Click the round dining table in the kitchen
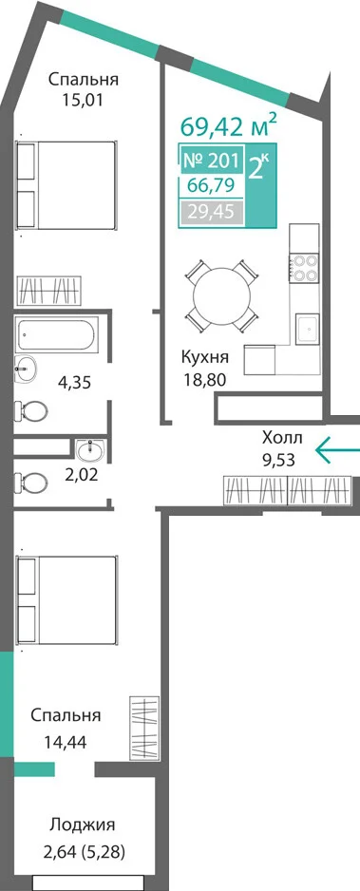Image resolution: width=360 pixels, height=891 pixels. pyautogui.click(x=221, y=295)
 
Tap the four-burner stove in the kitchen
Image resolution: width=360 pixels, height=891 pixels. pyautogui.click(x=303, y=268)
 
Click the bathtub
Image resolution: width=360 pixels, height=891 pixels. pyautogui.click(x=57, y=334)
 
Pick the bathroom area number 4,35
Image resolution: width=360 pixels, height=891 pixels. pyautogui.click(x=74, y=382)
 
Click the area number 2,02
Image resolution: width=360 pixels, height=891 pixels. pyautogui.click(x=81, y=475)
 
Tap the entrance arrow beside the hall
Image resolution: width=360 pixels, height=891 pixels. pyautogui.click(x=337, y=449)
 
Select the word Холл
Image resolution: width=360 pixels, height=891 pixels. pyautogui.click(x=282, y=438)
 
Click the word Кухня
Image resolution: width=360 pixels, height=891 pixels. pyautogui.click(x=205, y=358)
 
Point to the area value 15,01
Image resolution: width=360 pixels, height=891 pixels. pyautogui.click(x=84, y=101)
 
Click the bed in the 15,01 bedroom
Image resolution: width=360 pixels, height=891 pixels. pyautogui.click(x=66, y=183)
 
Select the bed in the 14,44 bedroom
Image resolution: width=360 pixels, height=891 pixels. pyautogui.click(x=66, y=600)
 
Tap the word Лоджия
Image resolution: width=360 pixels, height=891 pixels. pyautogui.click(x=83, y=824)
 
